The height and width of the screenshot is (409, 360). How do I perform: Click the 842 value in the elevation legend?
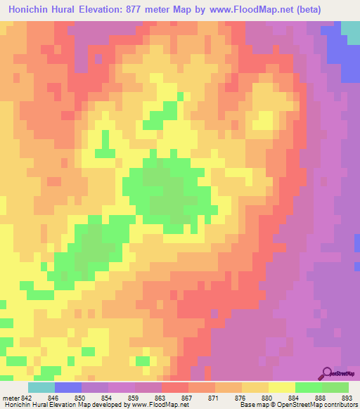[27, 397]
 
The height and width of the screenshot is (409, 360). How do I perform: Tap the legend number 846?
[53, 397]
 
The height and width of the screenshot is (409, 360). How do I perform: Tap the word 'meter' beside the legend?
[9, 397]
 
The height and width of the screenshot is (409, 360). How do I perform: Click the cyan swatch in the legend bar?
[41, 387]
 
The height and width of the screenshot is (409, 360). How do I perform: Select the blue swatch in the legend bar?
[67, 387]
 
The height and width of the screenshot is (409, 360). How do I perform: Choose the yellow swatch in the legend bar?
[281, 387]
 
